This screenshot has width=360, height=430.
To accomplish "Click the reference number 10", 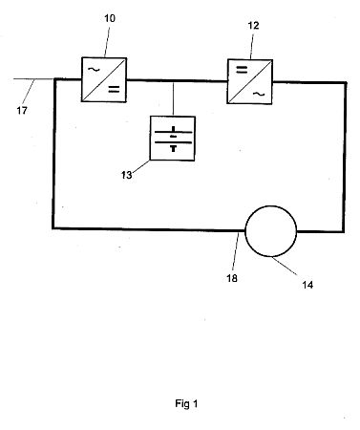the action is point(110,18).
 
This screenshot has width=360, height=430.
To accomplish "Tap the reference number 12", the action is point(253,26).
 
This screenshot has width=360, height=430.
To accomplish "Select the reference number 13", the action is point(126,175).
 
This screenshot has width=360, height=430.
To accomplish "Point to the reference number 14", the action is point(307,285).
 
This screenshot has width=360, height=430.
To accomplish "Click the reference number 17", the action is point(22,111).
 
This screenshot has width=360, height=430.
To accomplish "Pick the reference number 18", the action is point(232,278).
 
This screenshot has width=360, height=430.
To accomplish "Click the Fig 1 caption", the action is point(186,404).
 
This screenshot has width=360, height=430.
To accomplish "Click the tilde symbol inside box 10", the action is point(94,69).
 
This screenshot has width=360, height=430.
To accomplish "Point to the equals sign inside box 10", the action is point(114,90).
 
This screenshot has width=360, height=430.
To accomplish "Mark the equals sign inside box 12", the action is point(242,70).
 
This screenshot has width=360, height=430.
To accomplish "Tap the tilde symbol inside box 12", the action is point(259,94).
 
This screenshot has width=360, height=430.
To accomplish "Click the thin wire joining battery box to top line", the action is point(173,99).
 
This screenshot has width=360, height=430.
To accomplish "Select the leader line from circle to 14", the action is point(285,266).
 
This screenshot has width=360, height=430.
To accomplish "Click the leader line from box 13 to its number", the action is point(140,166).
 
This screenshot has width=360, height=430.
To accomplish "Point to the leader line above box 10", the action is point(107,42).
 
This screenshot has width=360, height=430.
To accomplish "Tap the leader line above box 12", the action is point(251,46).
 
